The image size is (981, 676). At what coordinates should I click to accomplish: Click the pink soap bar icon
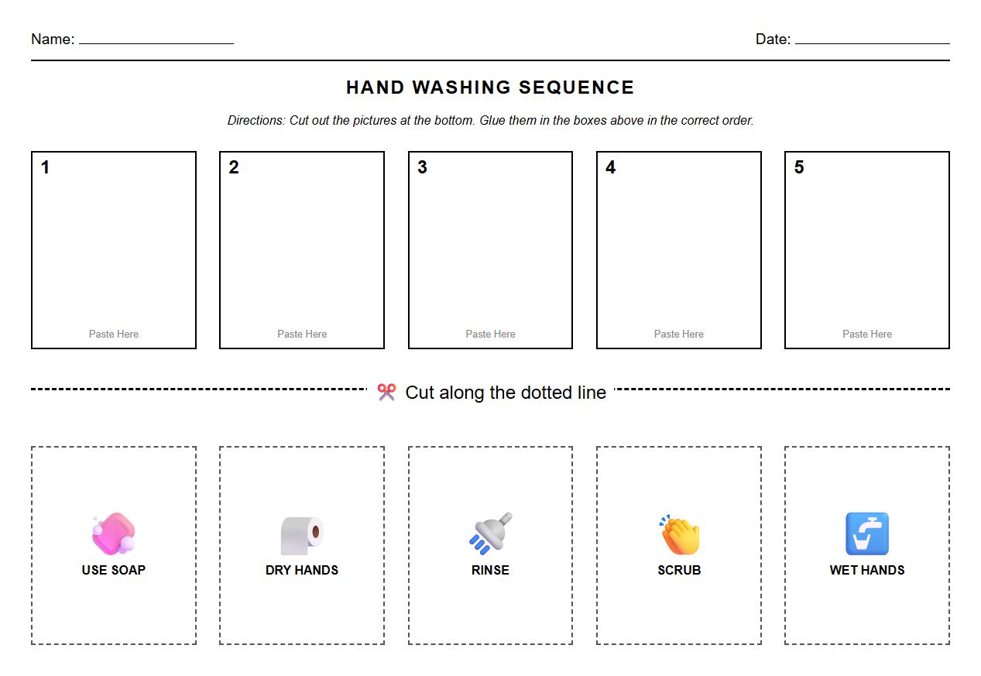click(x=114, y=534)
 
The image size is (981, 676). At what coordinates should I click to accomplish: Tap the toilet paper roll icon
click(x=301, y=535)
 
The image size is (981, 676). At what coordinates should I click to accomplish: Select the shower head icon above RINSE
click(x=491, y=533)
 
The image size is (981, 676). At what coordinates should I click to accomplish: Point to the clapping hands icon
click(x=679, y=534)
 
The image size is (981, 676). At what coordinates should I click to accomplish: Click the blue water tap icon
click(x=867, y=534)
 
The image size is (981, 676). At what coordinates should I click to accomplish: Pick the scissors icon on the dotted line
click(x=386, y=393)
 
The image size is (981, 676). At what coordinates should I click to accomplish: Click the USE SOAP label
click(x=114, y=570)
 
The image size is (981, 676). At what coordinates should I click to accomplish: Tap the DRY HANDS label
click(x=302, y=570)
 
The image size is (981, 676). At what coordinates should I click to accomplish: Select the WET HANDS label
click(x=867, y=570)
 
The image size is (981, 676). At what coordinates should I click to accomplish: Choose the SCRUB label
click(x=679, y=570)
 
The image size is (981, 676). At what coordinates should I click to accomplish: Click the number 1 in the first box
click(x=46, y=167)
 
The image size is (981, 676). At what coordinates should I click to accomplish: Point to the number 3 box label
click(x=422, y=167)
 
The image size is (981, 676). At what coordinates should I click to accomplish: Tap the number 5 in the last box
click(x=799, y=167)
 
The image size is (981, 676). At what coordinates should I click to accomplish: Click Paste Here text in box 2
click(x=302, y=334)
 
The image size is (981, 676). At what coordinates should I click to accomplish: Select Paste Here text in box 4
click(x=679, y=334)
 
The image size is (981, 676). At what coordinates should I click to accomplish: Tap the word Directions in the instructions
click(x=256, y=121)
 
